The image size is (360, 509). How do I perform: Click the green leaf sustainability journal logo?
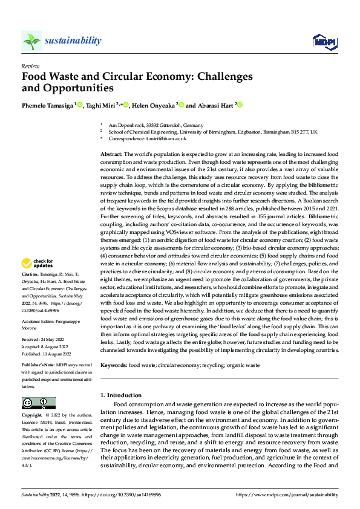[x=31, y=41]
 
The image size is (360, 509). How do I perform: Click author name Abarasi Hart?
[x=215, y=105]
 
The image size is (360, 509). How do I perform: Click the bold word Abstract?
[x=111, y=155]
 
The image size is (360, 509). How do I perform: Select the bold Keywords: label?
[x=113, y=365]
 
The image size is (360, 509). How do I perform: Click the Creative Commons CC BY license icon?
[x=38, y=403]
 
